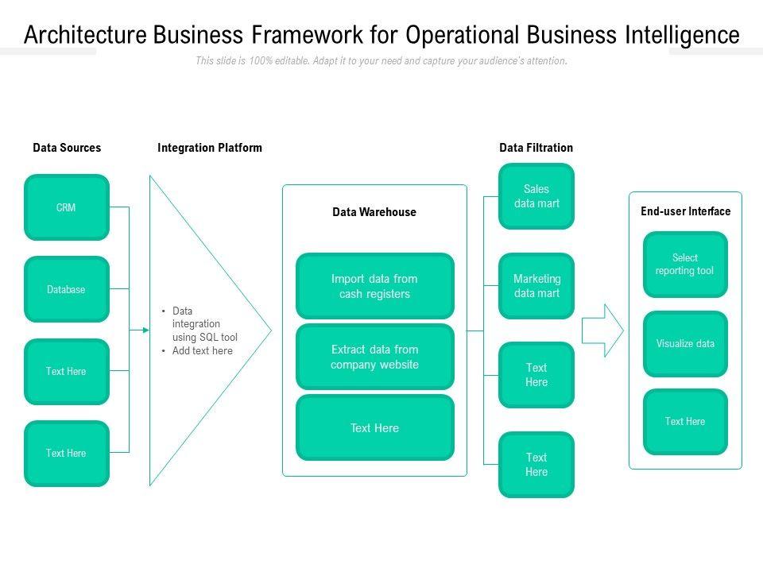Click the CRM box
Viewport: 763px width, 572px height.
coord(67,207)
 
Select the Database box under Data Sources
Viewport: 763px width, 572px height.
coord(67,289)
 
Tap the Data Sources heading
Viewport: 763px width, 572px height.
coord(67,148)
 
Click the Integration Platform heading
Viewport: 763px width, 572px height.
coord(210,148)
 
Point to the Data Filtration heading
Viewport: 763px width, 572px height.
coord(536,148)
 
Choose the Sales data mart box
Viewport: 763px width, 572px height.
coord(536,196)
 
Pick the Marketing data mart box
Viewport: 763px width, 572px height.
coord(536,286)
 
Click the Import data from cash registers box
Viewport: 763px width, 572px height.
coord(375,286)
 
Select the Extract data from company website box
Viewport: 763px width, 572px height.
coord(375,357)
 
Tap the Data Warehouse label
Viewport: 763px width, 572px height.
coord(374,212)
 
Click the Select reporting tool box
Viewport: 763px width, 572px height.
coord(685,265)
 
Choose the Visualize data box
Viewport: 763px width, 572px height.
coord(685,344)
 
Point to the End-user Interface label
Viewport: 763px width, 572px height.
coord(685,211)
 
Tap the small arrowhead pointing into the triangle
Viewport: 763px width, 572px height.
coord(145,329)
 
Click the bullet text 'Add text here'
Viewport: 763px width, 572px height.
coord(203,350)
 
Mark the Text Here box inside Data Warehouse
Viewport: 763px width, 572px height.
coord(375,428)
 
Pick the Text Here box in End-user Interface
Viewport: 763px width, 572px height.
coord(685,422)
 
